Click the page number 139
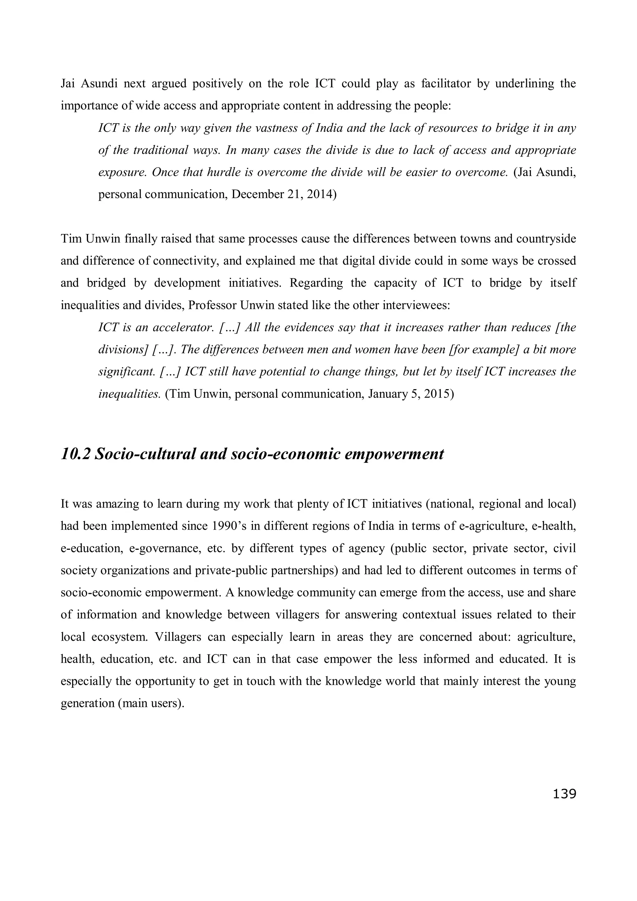[564, 793]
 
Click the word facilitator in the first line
[446, 84]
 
